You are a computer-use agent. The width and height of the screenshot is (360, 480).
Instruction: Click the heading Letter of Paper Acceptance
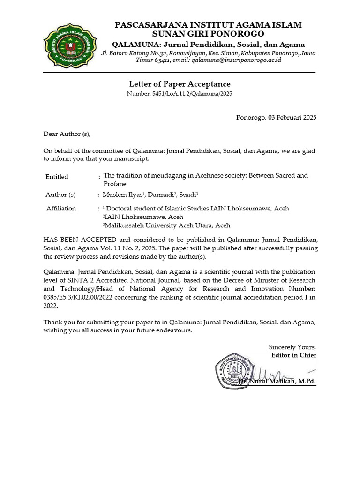tap(180, 84)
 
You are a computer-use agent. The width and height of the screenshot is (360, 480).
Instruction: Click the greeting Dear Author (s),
tap(67, 134)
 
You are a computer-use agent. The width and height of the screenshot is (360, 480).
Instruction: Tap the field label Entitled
tap(57, 177)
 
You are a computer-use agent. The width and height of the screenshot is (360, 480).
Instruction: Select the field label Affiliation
tap(61, 208)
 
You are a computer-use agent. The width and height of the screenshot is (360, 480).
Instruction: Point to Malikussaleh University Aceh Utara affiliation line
tap(166, 225)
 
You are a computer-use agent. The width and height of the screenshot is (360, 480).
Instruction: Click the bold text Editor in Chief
tap(294, 355)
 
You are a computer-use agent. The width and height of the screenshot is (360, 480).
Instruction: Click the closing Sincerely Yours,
tap(292, 347)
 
